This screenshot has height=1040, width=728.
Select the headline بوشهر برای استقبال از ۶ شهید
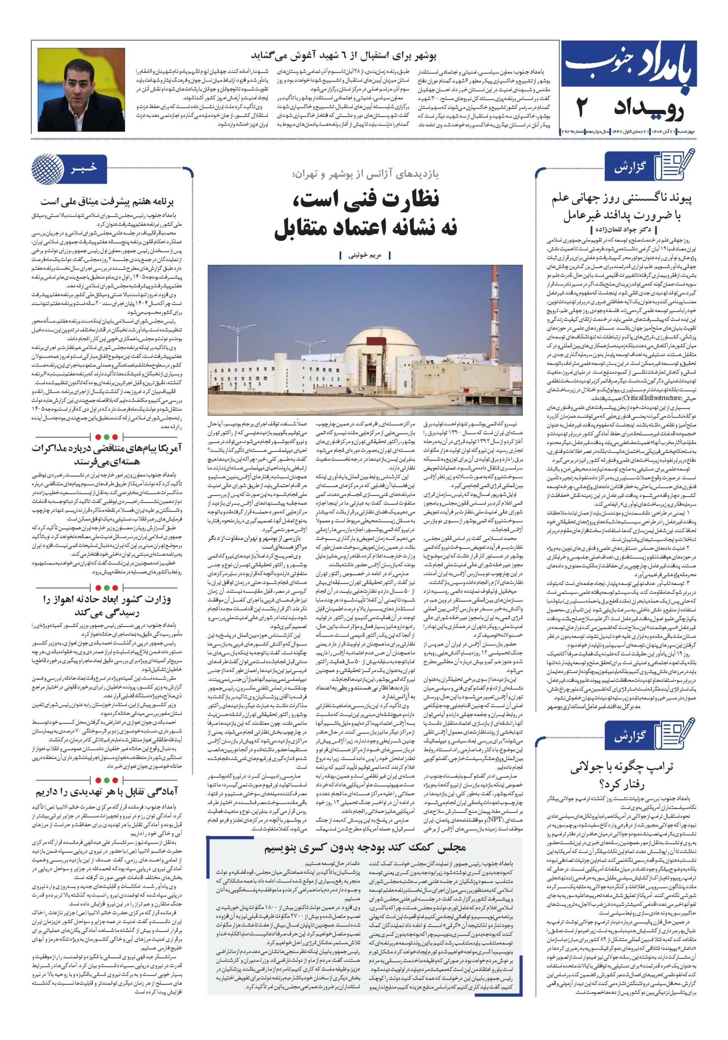(343, 56)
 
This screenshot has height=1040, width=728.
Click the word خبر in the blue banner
(84, 168)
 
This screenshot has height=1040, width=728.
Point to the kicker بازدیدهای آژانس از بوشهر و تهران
(366, 174)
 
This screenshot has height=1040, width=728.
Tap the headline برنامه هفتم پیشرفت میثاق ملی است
(107, 201)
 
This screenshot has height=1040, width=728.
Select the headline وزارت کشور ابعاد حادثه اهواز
(107, 606)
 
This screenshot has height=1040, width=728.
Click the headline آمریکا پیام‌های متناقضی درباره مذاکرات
(107, 454)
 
